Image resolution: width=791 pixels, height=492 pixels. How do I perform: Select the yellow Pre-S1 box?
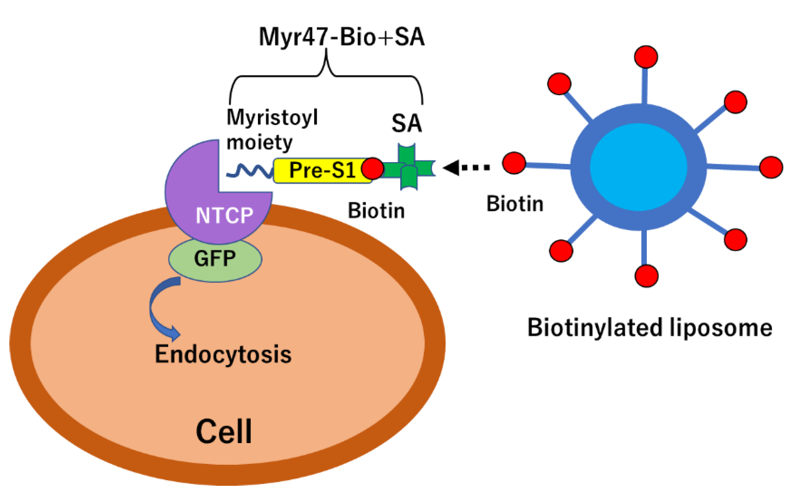pos(319,170)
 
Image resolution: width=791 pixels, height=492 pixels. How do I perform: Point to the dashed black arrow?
pos(466,168)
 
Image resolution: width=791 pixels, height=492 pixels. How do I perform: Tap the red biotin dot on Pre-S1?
pos(373,169)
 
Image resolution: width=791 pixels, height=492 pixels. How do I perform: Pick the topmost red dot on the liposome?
pos(646,57)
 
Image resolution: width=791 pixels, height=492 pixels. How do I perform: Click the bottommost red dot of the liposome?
pos(647,276)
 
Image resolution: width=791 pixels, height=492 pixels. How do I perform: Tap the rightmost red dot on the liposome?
pos(771,168)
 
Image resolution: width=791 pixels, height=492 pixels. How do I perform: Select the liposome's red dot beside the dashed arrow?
pos(514,163)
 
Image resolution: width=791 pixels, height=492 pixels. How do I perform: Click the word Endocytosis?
pos(223,355)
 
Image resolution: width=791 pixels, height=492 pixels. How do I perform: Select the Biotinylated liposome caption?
pos(650,328)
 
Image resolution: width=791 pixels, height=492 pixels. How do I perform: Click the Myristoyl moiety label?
pos(272,130)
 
